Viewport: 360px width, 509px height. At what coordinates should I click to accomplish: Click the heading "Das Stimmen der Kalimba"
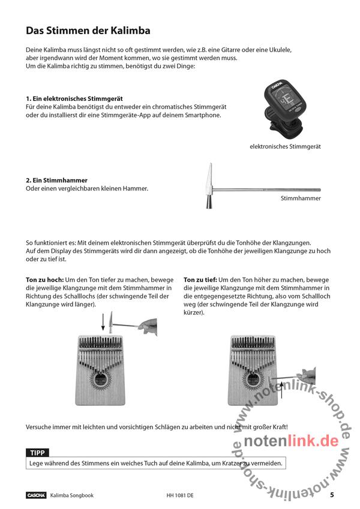click(88, 31)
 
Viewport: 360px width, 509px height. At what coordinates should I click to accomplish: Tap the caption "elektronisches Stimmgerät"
click(286, 146)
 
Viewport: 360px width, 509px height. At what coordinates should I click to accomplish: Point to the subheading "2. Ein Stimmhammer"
click(57, 180)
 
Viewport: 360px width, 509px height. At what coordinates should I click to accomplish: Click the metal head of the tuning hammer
click(209, 186)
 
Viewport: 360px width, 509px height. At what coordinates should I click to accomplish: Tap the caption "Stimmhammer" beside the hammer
click(301, 198)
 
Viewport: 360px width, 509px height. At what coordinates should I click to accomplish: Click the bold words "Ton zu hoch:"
click(44, 280)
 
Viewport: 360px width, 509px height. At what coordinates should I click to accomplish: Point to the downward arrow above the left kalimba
click(103, 321)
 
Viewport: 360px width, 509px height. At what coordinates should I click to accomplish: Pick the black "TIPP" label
click(38, 453)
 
